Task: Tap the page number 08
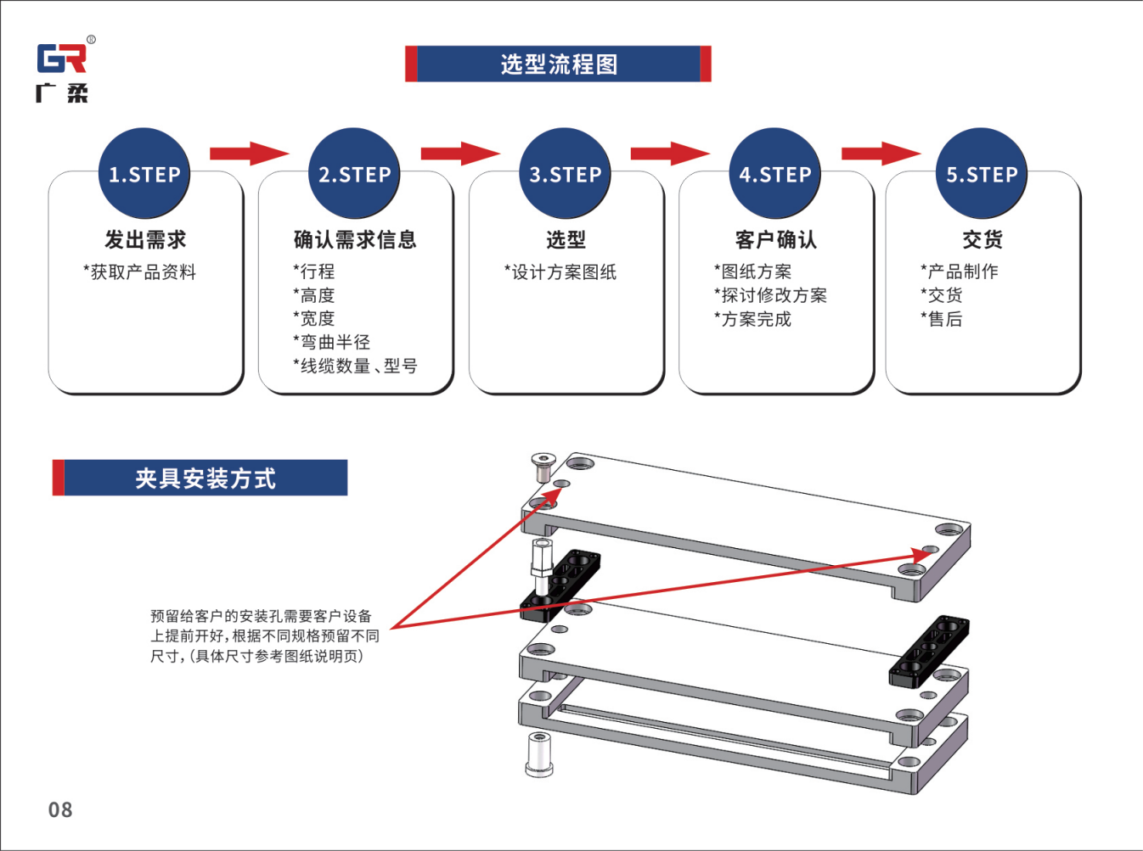click(60, 809)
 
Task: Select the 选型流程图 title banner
click(558, 64)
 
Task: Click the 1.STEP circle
click(144, 174)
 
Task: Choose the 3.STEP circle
click(565, 174)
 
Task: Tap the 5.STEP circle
click(981, 174)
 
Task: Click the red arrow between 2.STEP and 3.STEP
click(460, 153)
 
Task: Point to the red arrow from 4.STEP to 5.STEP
click(881, 153)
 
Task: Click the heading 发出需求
click(145, 239)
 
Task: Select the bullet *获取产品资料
click(139, 272)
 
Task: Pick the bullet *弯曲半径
click(331, 342)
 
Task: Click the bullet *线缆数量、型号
click(355, 366)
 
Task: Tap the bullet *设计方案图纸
click(560, 272)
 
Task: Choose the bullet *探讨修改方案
click(770, 295)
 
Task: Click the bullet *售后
click(942, 319)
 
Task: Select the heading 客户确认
click(776, 239)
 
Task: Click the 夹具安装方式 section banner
click(200, 478)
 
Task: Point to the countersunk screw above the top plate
click(542, 467)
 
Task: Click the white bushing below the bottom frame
click(539, 754)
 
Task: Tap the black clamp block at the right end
click(929, 651)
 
